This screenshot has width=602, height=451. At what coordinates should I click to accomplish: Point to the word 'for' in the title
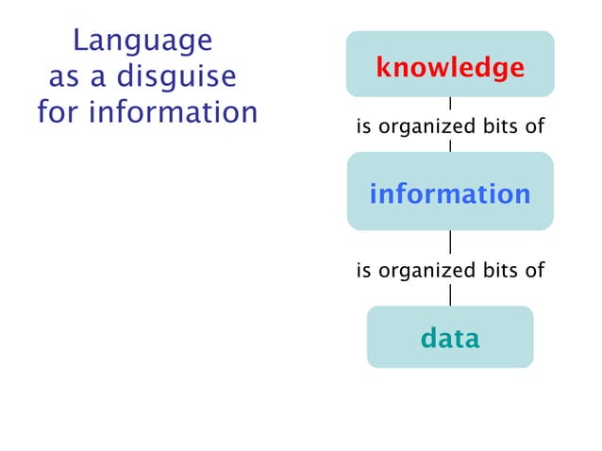(59, 112)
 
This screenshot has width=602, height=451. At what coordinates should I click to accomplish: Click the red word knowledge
(449, 67)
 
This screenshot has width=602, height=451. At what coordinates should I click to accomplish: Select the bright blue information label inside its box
(449, 194)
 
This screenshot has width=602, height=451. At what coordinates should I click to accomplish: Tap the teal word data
(449, 338)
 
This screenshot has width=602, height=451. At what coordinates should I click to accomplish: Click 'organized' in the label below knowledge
(415, 126)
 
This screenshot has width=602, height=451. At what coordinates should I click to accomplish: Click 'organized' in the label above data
(415, 272)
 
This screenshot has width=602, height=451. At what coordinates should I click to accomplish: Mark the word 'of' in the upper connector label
(534, 125)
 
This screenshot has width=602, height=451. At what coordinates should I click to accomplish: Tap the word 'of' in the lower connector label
(534, 271)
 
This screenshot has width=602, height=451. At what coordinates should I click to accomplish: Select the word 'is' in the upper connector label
(362, 125)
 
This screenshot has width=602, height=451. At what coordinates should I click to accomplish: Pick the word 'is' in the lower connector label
(362, 271)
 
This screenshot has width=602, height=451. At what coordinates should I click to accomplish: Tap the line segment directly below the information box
(450, 242)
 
